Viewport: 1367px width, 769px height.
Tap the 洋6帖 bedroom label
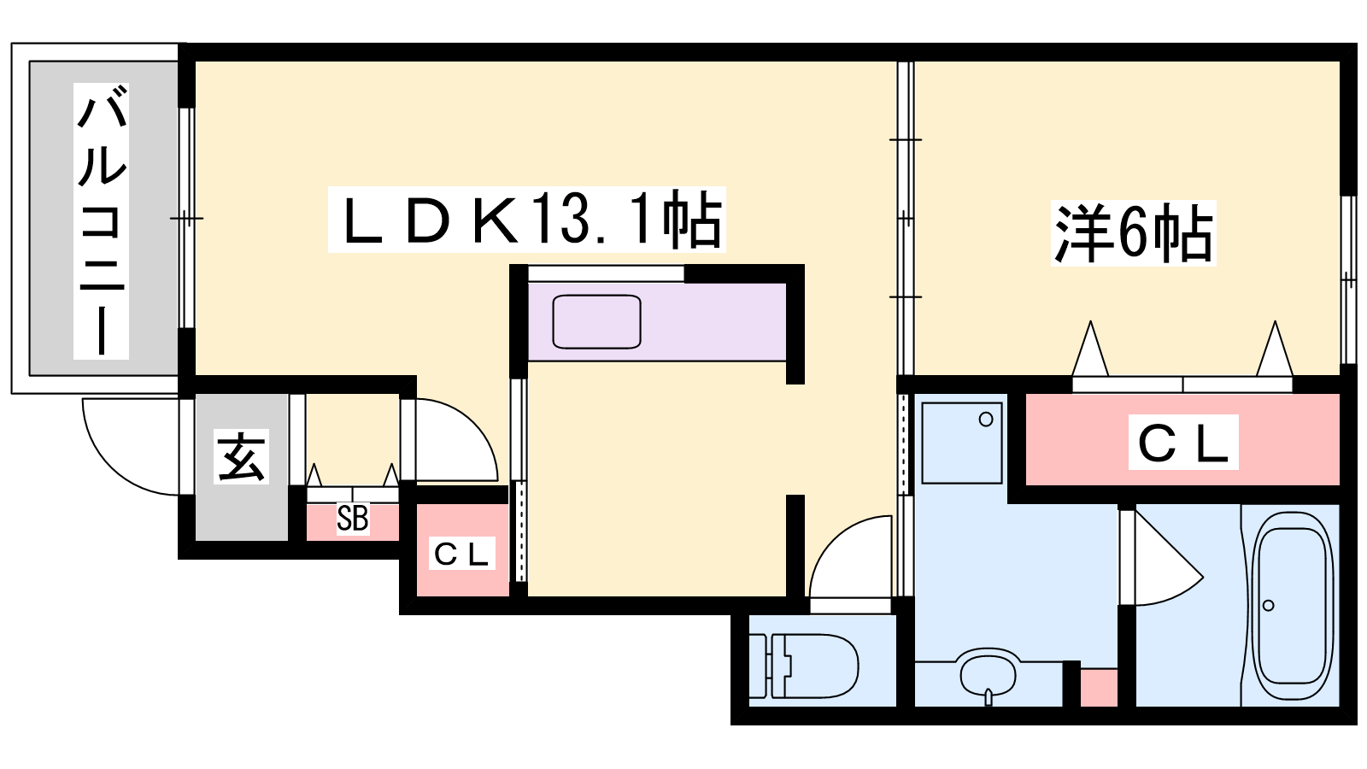click(1133, 234)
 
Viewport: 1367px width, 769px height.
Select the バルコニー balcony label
click(102, 220)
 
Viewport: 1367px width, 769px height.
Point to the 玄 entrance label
click(241, 456)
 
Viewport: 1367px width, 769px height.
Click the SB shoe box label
click(353, 519)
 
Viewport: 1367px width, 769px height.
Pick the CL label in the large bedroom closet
click(1182, 442)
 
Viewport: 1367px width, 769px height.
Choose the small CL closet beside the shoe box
click(461, 553)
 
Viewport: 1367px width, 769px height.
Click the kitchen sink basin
click(596, 321)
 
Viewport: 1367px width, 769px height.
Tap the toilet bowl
click(815, 666)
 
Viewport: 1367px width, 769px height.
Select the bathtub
click(1292, 606)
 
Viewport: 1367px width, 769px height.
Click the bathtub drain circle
click(1268, 606)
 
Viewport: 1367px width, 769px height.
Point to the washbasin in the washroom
click(988, 676)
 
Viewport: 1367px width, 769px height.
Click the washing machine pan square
click(962, 443)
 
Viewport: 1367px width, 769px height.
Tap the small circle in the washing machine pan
click(986, 420)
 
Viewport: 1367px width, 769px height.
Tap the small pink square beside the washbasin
click(1099, 688)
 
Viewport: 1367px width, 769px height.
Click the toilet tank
click(757, 666)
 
